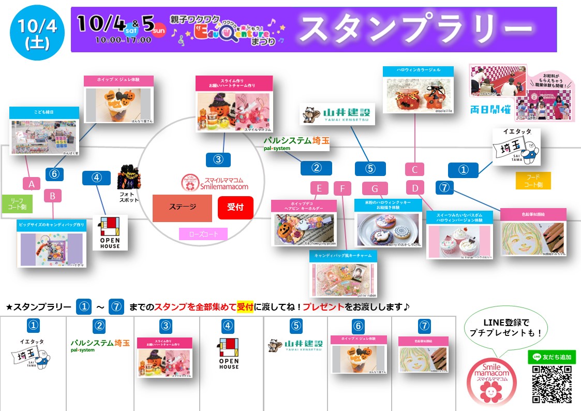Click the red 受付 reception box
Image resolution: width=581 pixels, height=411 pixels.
[x=235, y=208]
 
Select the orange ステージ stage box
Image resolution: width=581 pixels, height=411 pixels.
[x=182, y=208]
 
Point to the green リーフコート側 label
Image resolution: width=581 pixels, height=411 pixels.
[x=17, y=203]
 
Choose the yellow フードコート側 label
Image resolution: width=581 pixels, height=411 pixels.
[x=533, y=181]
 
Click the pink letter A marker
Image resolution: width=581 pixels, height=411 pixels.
[x=32, y=183]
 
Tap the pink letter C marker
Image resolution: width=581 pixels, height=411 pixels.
[x=414, y=169]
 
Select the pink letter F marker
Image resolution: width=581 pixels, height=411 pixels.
[x=342, y=188]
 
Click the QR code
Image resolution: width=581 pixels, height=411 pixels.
[x=551, y=384]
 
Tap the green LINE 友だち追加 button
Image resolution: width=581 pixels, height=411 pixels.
[x=552, y=357]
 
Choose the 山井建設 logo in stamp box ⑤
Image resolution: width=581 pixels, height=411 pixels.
[x=295, y=345]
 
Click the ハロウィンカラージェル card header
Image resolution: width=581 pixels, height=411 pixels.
[x=418, y=70]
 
